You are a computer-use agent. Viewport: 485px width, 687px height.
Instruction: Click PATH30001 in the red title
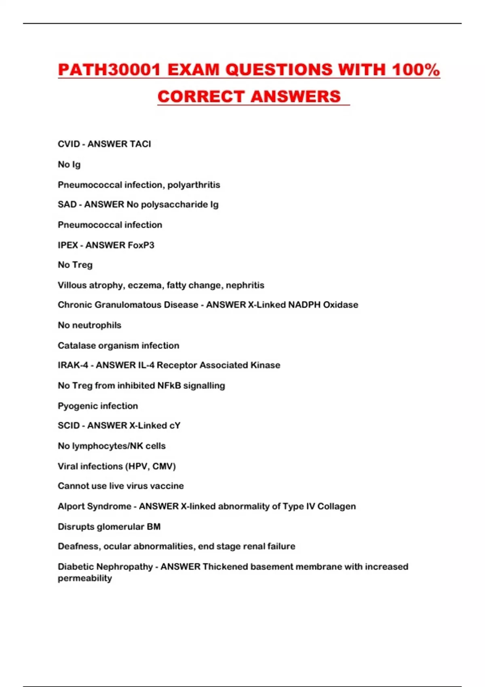(x=109, y=70)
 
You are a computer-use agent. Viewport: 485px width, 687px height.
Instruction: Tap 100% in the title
(x=415, y=70)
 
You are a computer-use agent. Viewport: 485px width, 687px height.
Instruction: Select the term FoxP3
(x=141, y=245)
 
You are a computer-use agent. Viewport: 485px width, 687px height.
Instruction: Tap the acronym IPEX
(x=67, y=245)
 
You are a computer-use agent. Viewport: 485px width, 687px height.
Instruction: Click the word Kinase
(x=265, y=365)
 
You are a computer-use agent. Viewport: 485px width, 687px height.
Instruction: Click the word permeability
(x=85, y=578)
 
